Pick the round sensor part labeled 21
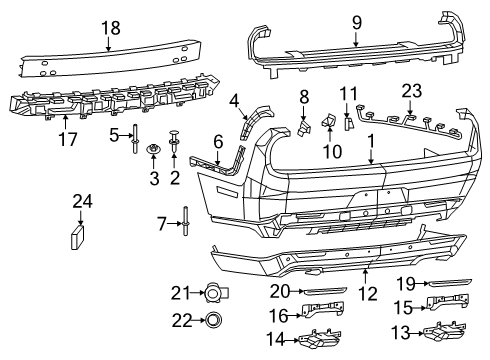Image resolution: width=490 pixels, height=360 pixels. coord(211,293)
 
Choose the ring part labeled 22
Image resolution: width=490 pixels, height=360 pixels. coord(212,321)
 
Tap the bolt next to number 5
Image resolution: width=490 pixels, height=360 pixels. coord(134,140)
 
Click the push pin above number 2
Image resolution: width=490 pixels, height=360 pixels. coord(175,136)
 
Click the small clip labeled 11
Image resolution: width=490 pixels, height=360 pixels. coord(348,125)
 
